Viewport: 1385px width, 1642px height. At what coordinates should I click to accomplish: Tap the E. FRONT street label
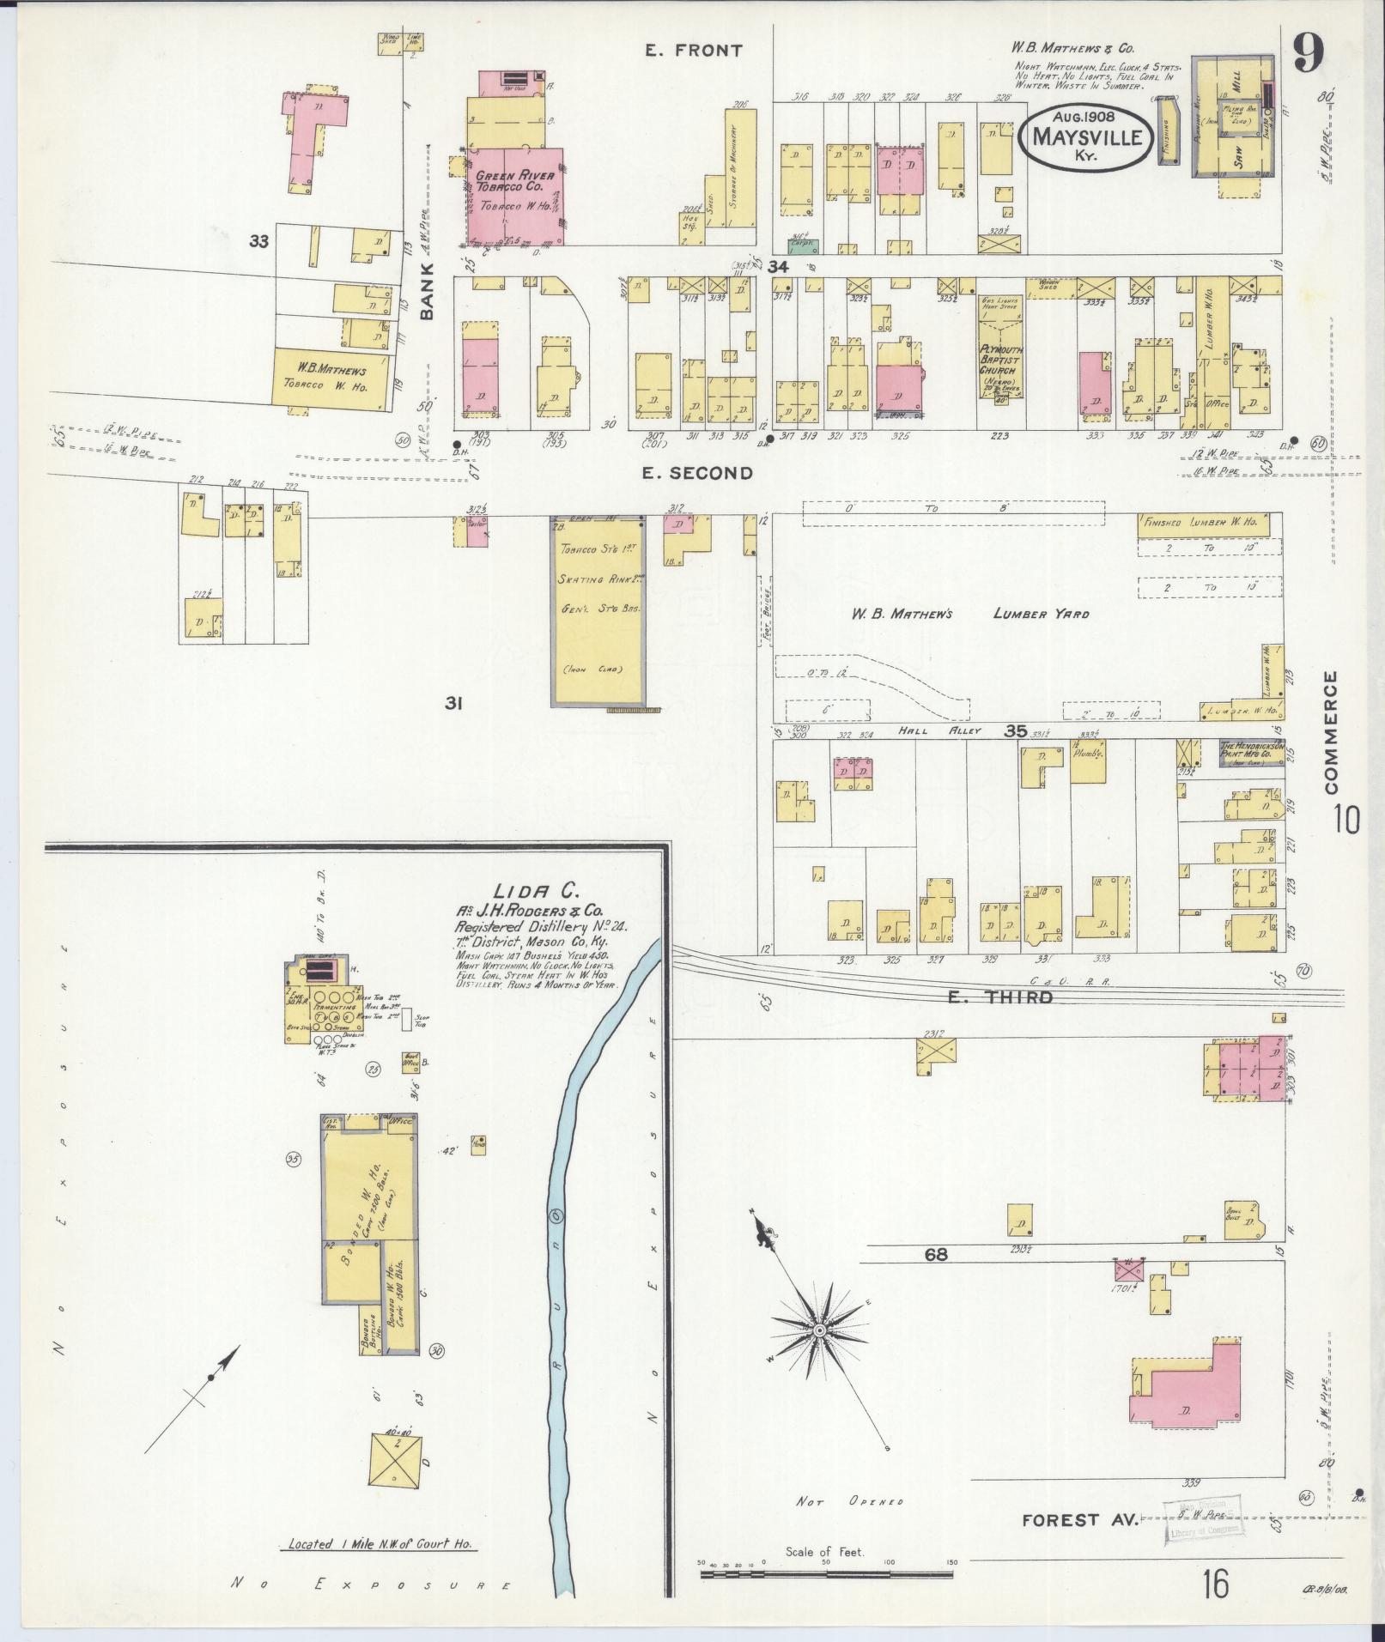[x=694, y=51]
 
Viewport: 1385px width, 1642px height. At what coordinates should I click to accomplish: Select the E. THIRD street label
[x=999, y=997]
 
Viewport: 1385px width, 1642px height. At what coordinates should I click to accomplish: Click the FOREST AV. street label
[x=1079, y=1520]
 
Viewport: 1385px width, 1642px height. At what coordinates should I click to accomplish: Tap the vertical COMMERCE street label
[x=1331, y=731]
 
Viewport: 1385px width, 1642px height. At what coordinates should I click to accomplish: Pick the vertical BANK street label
[x=427, y=292]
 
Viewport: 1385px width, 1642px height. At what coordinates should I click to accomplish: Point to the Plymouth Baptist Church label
[x=999, y=365]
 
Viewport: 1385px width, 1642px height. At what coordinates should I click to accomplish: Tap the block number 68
[x=935, y=1254]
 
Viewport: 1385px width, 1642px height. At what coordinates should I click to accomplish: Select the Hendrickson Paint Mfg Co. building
[x=1252, y=753]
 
